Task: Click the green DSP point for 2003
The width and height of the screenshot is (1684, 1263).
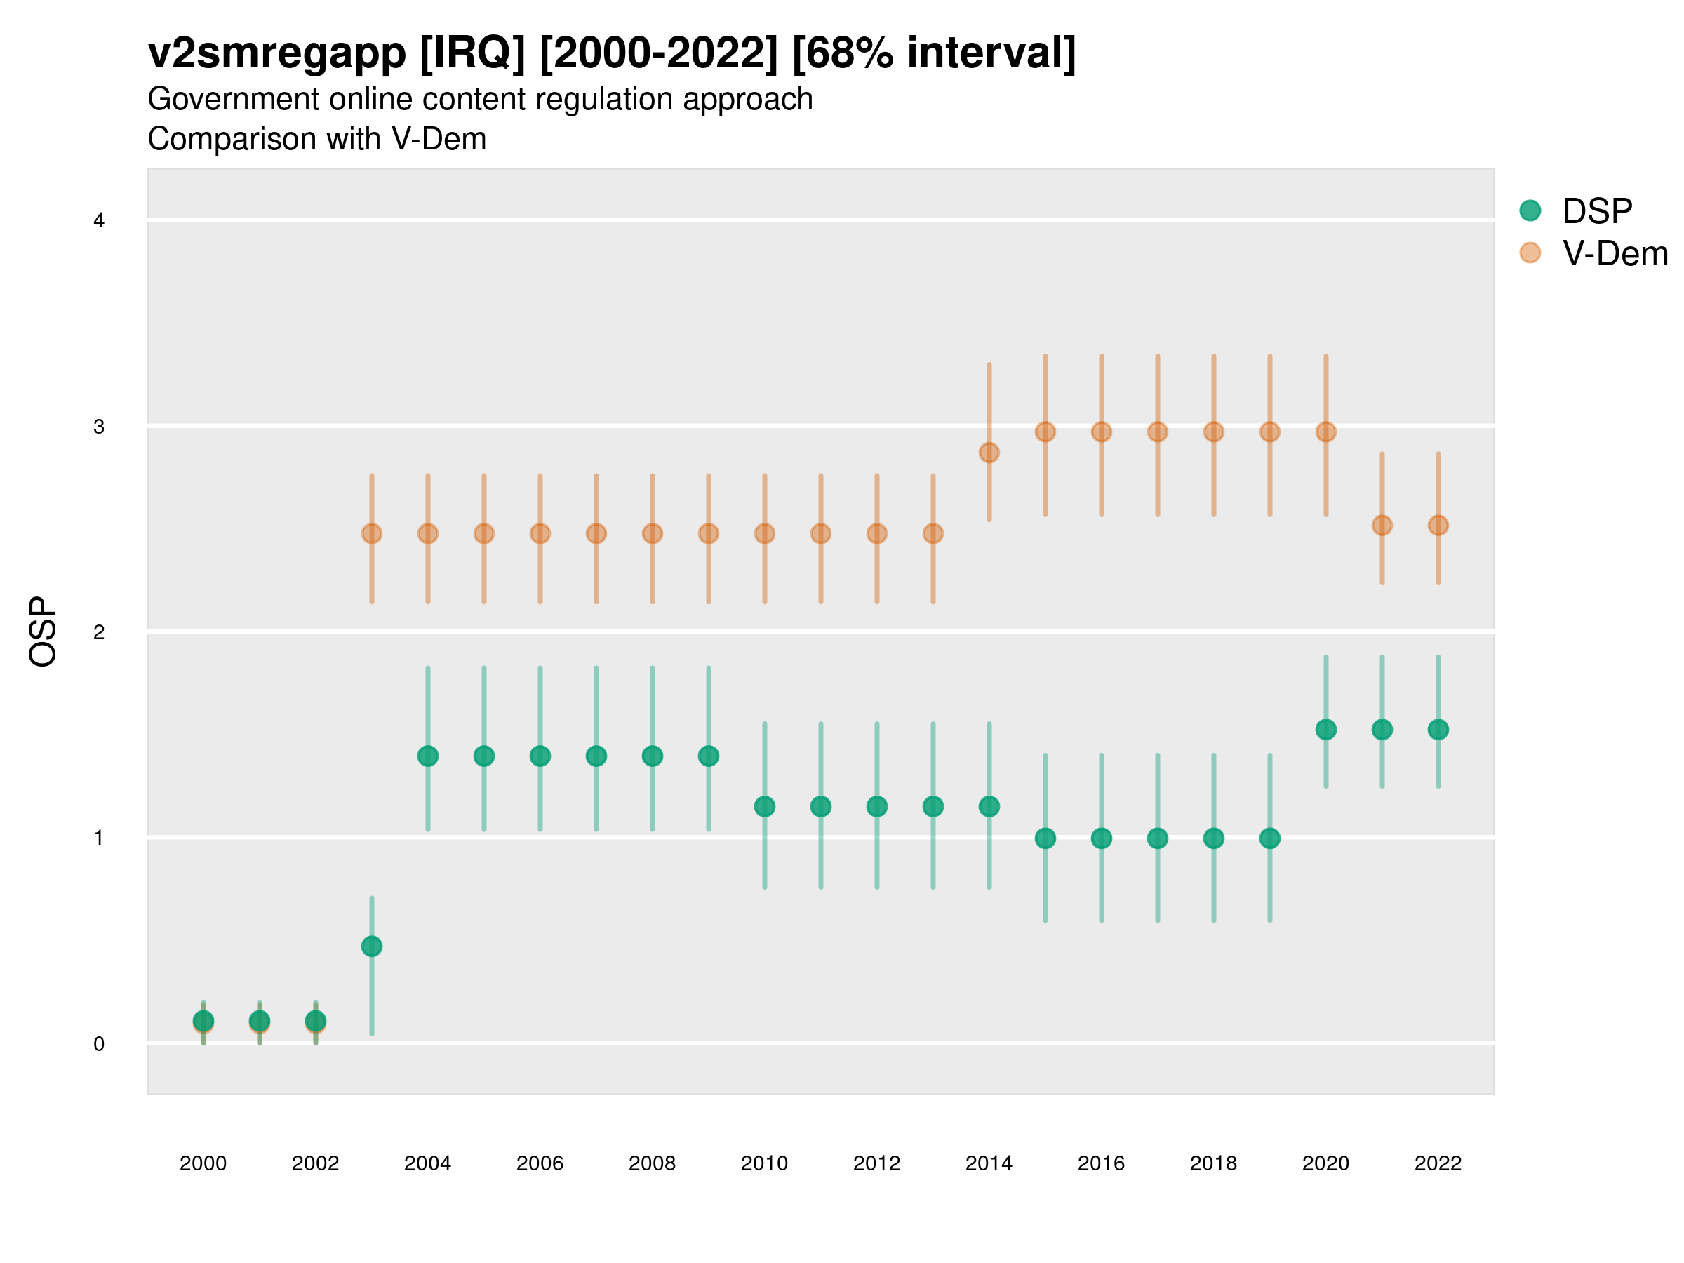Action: (x=371, y=947)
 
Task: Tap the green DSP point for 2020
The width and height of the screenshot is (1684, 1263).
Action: (x=1325, y=729)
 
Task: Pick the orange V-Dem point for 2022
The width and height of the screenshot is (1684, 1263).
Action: (x=1438, y=526)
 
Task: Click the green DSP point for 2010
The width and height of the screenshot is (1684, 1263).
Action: (x=764, y=806)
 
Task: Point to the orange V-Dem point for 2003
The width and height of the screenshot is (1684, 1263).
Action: (x=371, y=534)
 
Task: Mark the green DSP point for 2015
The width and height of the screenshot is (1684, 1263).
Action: (x=1045, y=838)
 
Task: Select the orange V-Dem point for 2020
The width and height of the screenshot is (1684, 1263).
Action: (x=1325, y=432)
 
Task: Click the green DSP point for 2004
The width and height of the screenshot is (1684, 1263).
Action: (x=428, y=756)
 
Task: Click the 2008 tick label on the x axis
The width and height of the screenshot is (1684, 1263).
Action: (x=652, y=1163)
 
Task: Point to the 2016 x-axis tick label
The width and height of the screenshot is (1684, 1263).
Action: (x=1101, y=1163)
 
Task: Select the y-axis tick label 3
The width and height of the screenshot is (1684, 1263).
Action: (x=99, y=427)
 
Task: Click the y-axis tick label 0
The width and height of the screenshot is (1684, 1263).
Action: (x=99, y=1044)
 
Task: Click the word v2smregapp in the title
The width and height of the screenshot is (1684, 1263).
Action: (x=277, y=53)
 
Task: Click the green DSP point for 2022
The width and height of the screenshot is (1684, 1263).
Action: (x=1438, y=729)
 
